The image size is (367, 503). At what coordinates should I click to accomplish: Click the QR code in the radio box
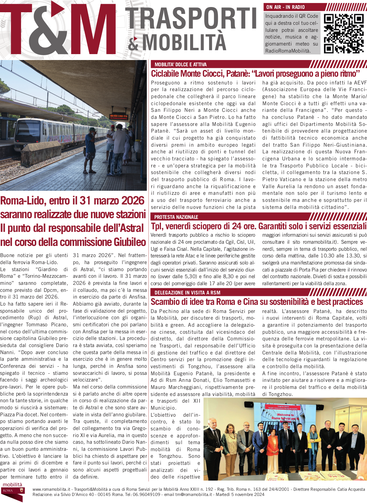tap(343, 34)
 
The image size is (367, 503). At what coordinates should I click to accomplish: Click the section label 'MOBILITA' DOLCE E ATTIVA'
tap(181, 64)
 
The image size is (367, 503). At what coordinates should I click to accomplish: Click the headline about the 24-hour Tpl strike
tap(259, 226)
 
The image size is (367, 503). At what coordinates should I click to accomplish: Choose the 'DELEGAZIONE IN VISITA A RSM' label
tap(187, 293)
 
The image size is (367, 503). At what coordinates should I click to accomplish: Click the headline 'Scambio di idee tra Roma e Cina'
tap(257, 302)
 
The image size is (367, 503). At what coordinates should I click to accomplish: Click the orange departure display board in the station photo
tap(119, 117)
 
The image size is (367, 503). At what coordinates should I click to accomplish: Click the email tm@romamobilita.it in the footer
tap(193, 494)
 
